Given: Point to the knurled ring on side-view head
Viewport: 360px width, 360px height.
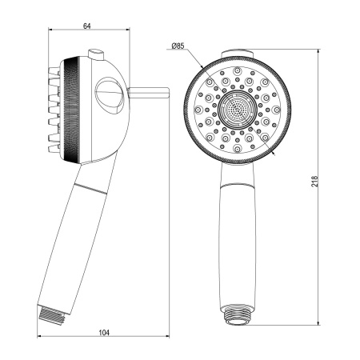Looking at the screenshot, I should (x=73, y=108).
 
